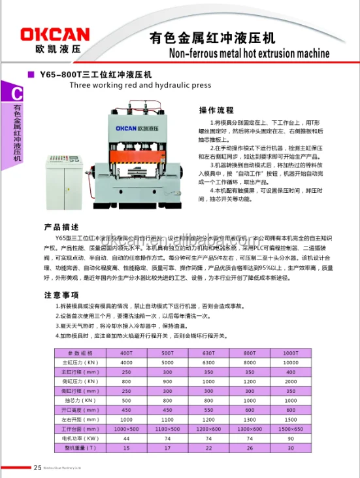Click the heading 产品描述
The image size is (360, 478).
(61, 227)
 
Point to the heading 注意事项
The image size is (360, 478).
(61, 295)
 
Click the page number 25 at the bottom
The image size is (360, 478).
(37, 467)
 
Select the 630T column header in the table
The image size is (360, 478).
(208, 353)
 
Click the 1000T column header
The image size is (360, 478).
(290, 353)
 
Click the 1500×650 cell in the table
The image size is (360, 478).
(290, 429)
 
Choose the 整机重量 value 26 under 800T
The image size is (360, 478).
(250, 448)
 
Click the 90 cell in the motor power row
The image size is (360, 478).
(290, 438)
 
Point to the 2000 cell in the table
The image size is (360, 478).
(290, 381)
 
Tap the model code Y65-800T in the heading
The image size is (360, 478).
(65, 75)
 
